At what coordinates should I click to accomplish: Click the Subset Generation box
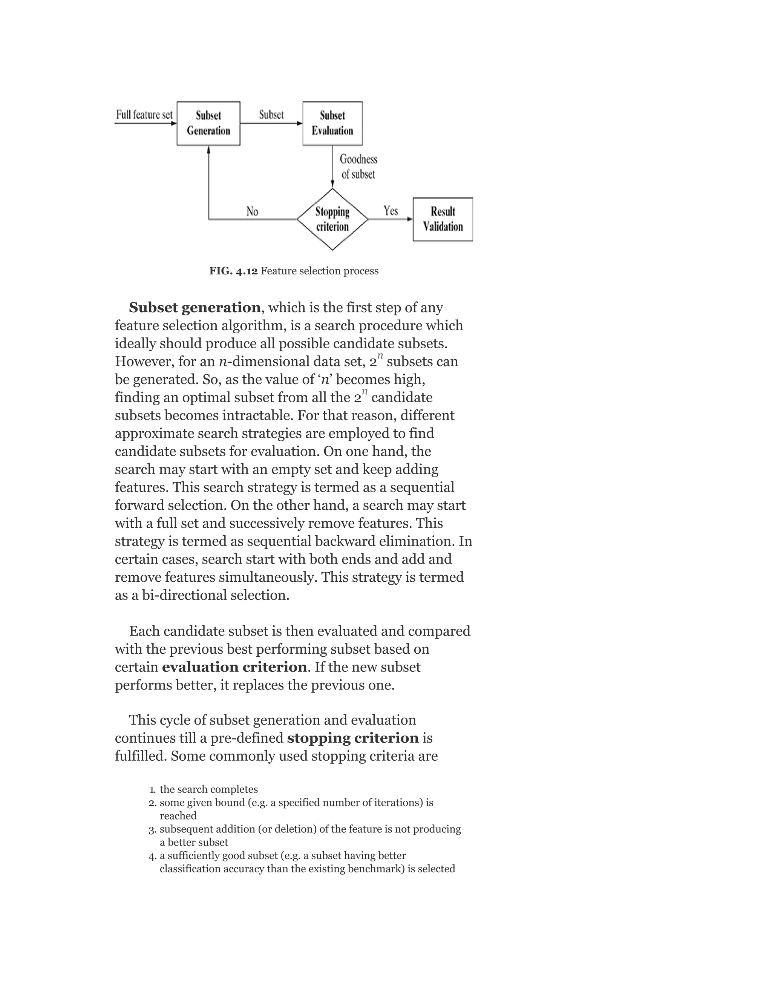pos(208,124)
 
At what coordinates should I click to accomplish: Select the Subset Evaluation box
pos(332,124)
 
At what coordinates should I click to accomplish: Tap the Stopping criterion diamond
pos(332,219)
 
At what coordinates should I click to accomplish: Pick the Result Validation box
pos(442,219)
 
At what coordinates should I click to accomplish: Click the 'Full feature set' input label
pos(144,115)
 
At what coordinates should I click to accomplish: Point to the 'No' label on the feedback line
pos(252,211)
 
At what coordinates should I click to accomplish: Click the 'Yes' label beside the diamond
pos(391,211)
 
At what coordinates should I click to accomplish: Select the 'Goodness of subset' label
pos(358,167)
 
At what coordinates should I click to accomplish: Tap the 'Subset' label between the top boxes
pos(271,115)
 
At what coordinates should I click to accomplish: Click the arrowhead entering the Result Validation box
pos(410,219)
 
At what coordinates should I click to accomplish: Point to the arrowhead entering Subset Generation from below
pos(208,150)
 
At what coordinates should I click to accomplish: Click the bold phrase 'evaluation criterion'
pos(234,667)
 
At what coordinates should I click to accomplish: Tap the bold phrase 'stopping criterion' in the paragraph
pos(352,738)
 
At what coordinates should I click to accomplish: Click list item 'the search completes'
pos(208,789)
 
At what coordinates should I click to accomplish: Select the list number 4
pos(153,856)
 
